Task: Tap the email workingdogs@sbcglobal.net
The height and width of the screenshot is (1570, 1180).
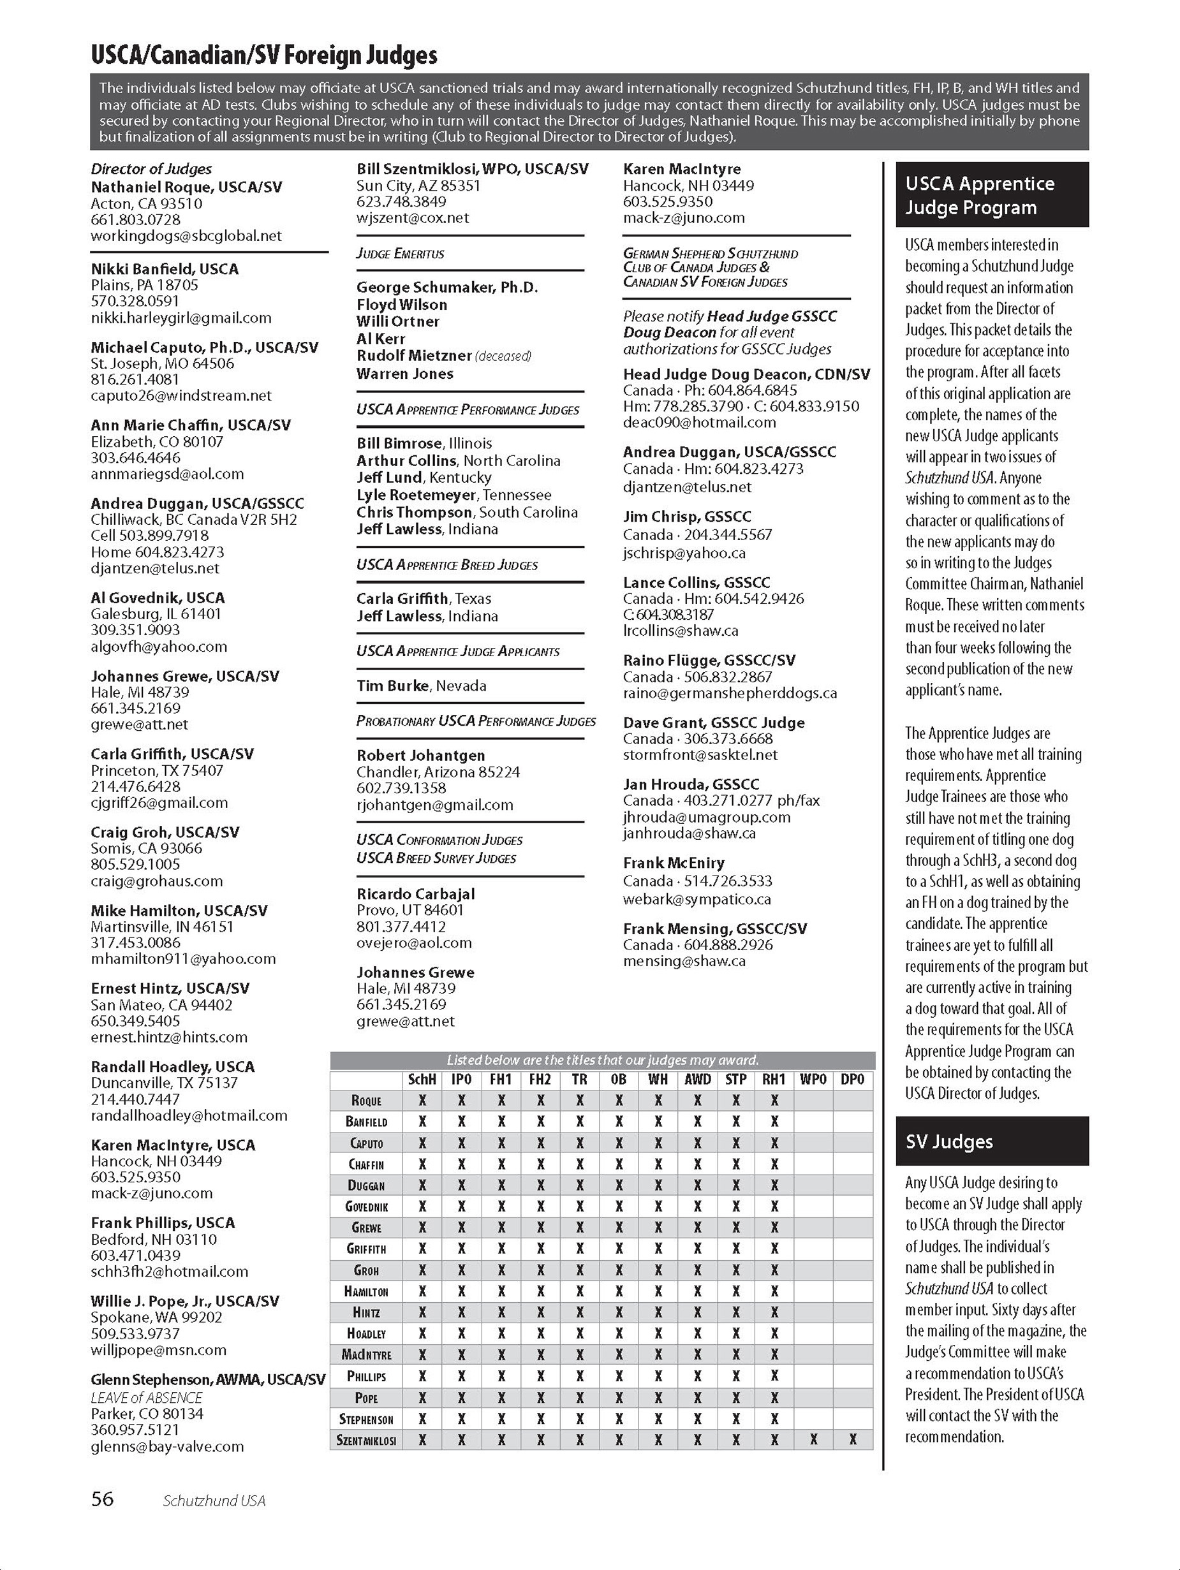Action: pos(186,236)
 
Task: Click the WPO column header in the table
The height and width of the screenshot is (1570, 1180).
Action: pos(813,1079)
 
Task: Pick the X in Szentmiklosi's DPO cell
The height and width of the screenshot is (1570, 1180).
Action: pos(853,1439)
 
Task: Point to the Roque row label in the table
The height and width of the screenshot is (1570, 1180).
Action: pos(366,1100)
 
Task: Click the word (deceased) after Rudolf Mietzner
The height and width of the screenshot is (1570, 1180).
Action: pos(503,356)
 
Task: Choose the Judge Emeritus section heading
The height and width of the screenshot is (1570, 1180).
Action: pos(401,253)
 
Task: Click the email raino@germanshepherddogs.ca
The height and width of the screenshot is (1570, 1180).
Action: pos(730,693)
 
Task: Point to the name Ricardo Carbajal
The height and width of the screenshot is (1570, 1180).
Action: pos(415,893)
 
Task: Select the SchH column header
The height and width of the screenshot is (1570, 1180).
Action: pos(422,1079)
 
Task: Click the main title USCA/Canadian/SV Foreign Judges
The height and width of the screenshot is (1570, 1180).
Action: pos(264,55)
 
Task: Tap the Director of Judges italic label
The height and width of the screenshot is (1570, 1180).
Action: pos(151,169)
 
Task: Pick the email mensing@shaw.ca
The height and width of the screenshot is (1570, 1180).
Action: pos(684,961)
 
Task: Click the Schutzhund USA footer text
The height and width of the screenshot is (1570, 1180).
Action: pos(214,1500)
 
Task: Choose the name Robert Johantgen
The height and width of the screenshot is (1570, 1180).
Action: pos(421,755)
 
